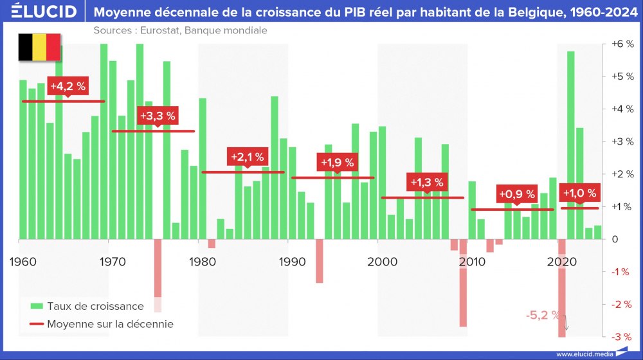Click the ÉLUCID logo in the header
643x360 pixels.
point(39,12)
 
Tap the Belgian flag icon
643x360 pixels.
point(39,48)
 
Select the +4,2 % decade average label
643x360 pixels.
point(68,86)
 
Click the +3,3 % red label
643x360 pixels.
point(158,116)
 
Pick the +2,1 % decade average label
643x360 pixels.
point(247,156)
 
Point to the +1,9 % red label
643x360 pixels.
point(337,162)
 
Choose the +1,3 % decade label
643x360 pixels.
point(427,182)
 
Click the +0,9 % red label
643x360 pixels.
point(517,194)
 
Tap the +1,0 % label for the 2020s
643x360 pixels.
point(579,193)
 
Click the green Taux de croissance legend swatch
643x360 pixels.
point(37,306)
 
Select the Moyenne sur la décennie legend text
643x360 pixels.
point(110,324)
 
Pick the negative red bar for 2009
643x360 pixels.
point(463,283)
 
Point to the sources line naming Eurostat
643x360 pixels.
point(180,30)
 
